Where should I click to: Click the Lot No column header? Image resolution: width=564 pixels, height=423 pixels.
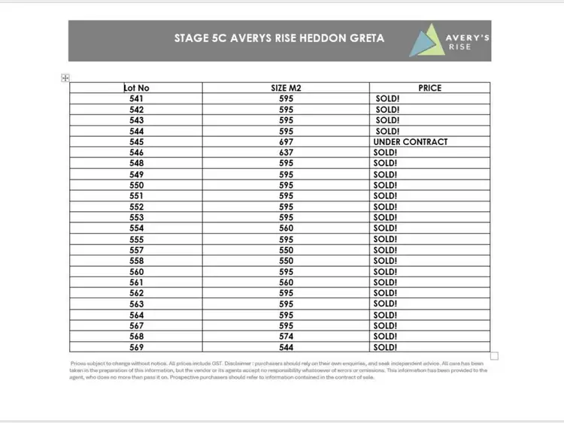[136, 88]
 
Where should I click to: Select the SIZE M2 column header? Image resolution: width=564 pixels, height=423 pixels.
[286, 88]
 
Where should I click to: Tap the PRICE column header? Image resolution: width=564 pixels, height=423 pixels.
[429, 88]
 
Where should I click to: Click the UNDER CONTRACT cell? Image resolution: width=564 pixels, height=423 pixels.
[410, 142]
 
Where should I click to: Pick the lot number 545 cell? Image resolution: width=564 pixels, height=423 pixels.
[136, 142]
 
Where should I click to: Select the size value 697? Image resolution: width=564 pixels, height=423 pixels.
[286, 142]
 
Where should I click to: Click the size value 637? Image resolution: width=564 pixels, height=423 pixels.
[286, 153]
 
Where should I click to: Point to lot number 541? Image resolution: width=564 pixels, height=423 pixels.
[136, 98]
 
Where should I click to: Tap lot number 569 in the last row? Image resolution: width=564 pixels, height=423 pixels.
[136, 347]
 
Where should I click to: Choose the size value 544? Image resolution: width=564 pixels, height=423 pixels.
[286, 347]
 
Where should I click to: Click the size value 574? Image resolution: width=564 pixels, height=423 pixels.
[286, 337]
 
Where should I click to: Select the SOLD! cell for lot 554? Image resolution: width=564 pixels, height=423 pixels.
[384, 228]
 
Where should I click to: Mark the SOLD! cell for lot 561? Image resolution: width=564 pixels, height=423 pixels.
[384, 283]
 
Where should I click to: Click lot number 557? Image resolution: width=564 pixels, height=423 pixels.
[136, 250]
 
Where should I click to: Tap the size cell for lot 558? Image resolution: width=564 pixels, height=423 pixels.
[286, 261]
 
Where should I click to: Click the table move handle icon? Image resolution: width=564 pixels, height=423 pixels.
[65, 78]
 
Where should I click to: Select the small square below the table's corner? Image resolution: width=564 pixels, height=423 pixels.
[494, 355]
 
